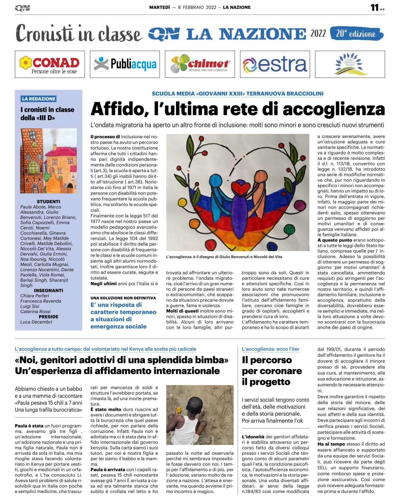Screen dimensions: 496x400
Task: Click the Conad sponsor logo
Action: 50,64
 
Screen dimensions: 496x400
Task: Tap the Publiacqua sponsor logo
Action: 125,64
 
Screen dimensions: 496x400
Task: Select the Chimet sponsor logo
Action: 200,64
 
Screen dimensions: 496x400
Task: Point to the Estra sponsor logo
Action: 275,64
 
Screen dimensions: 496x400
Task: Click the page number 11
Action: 375,7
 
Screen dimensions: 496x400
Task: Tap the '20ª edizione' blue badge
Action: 356,33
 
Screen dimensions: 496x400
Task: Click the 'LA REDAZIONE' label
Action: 39,99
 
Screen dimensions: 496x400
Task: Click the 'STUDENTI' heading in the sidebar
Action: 48,201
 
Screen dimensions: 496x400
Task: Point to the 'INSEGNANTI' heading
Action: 48,290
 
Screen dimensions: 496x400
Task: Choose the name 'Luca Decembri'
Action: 36,322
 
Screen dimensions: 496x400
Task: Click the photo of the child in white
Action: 200,415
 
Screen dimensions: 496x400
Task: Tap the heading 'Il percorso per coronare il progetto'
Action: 272,371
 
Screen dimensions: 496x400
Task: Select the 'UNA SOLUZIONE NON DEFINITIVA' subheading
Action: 123,298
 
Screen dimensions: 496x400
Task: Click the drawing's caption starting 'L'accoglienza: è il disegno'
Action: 224,257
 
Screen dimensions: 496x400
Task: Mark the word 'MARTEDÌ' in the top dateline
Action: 159,7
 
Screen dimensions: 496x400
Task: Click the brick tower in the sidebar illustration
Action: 31,156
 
